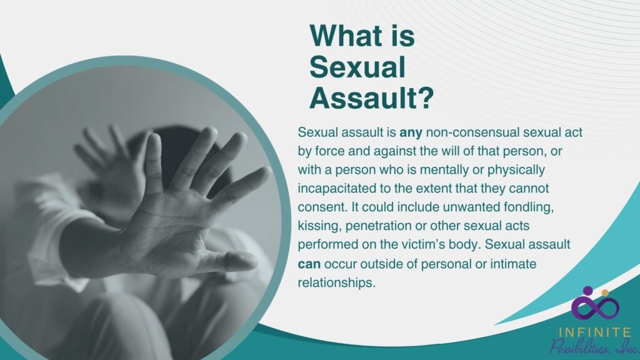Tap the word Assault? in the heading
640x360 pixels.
click(371, 98)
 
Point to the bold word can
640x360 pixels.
click(309, 264)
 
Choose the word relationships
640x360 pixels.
click(336, 283)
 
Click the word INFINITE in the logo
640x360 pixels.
click(595, 332)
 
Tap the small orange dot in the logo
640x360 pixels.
click(605, 292)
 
